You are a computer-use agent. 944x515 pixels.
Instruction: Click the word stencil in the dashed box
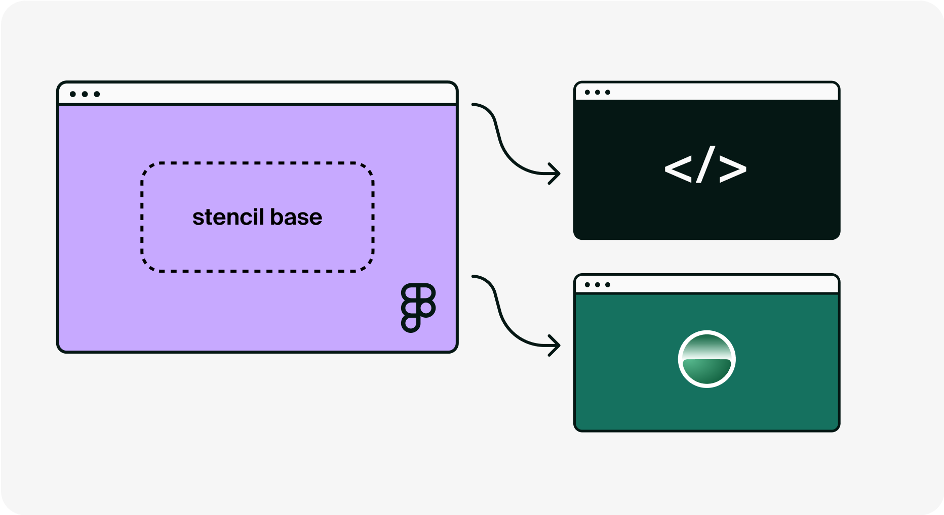[228, 218]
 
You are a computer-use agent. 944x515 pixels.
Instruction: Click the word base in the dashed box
[296, 218]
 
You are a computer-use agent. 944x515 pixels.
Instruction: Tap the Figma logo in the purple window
[418, 307]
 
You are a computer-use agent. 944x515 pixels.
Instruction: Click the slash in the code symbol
[705, 164]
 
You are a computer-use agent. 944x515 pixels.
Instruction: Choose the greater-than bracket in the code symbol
[733, 169]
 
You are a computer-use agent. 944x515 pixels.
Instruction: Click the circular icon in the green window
[706, 359]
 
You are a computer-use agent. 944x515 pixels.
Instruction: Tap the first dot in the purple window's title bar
[73, 94]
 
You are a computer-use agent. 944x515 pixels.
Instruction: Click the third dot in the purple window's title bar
[97, 94]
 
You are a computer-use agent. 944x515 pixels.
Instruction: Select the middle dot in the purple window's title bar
[85, 94]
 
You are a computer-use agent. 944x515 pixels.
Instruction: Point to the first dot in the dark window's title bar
[587, 92]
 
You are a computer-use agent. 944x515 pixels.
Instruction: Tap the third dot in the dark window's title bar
[608, 92]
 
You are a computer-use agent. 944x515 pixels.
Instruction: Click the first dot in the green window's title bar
[587, 285]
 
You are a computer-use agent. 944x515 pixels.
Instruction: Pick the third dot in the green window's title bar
[608, 285]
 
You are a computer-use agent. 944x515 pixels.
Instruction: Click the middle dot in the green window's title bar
[598, 285]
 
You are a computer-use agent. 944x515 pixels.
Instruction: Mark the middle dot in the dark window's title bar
[598, 92]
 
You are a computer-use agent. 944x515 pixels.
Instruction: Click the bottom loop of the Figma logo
[411, 322]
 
